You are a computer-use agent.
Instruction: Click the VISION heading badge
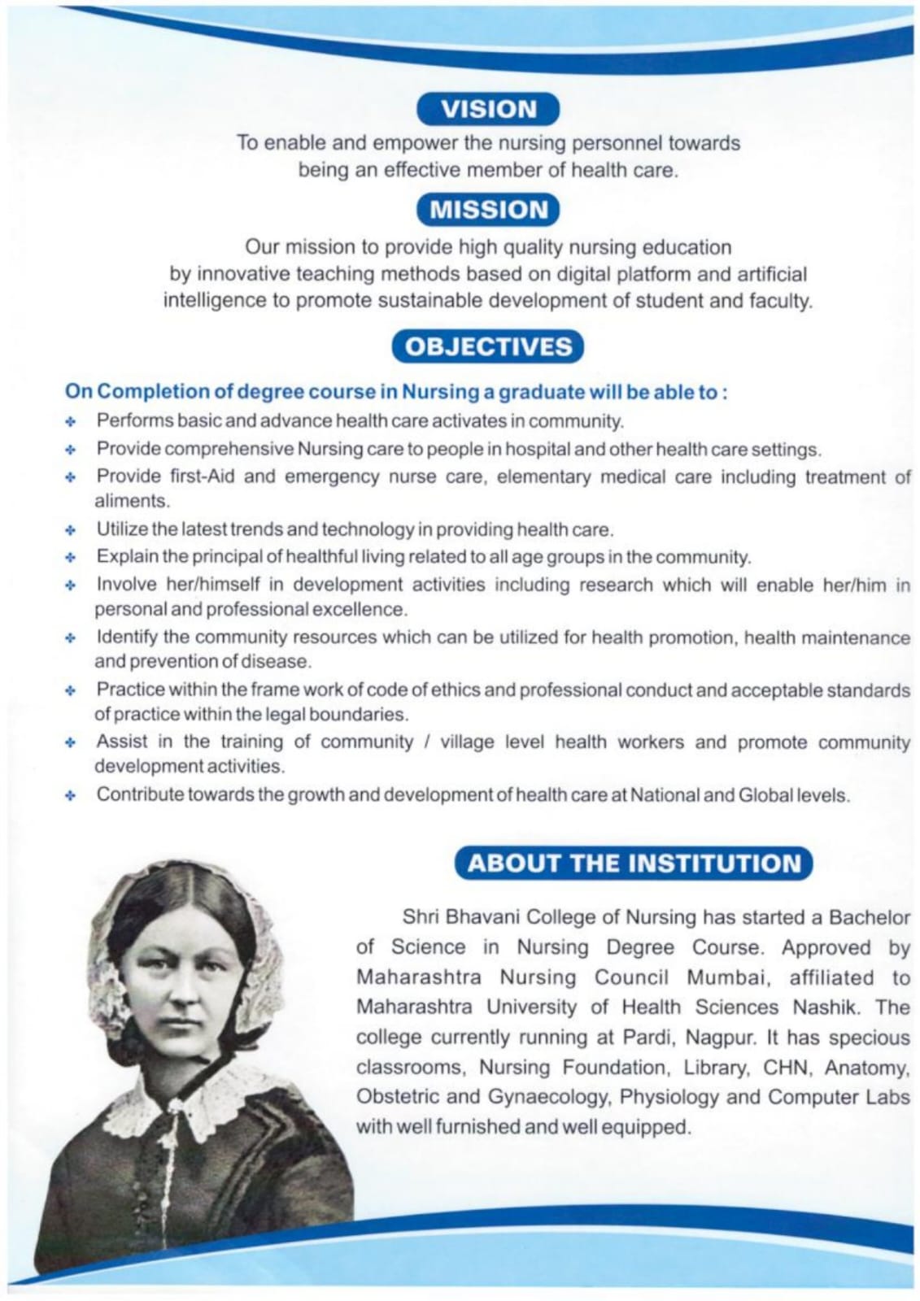(488, 109)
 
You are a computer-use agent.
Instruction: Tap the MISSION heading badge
(488, 210)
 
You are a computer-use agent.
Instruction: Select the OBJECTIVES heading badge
(488, 346)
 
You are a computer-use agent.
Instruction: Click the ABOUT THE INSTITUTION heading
(634, 863)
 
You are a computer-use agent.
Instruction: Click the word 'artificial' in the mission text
(772, 274)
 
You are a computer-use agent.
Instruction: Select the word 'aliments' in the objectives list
(131, 501)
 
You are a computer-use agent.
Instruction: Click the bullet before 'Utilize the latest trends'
(72, 531)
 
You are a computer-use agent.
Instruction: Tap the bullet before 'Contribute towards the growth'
(72, 796)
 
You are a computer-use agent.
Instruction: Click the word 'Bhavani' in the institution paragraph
(482, 917)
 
